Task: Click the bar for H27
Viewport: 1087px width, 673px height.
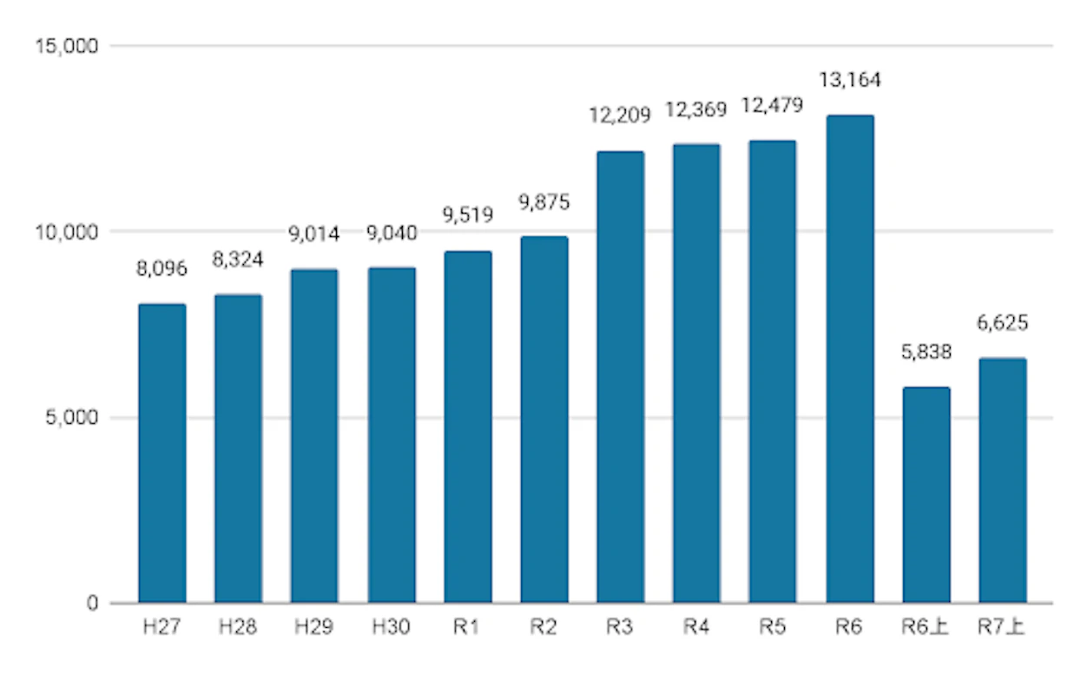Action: pyautogui.click(x=162, y=453)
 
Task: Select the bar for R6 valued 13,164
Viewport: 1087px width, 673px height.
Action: pyautogui.click(x=850, y=359)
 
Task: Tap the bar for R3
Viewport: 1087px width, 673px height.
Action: pyautogui.click(x=621, y=377)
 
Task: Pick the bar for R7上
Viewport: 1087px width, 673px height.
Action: pyautogui.click(x=1002, y=480)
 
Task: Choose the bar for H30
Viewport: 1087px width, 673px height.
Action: pyautogui.click(x=392, y=435)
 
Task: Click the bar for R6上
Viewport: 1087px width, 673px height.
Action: pyautogui.click(x=926, y=495)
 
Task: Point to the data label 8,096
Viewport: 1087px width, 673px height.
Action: pyautogui.click(x=162, y=269)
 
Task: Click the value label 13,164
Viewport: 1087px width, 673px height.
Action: pyautogui.click(x=850, y=81)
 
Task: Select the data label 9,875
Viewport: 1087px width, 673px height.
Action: pyautogui.click(x=544, y=202)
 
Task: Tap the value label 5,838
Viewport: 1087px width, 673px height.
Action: pyautogui.click(x=926, y=353)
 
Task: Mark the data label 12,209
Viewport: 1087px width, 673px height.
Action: pyautogui.click(x=621, y=115)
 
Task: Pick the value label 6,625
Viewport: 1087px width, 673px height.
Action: pyautogui.click(x=1002, y=324)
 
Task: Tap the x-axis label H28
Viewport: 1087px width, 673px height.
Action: pyautogui.click(x=239, y=627)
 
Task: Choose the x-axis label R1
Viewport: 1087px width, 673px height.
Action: pyautogui.click(x=467, y=627)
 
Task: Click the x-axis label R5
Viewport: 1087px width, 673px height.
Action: pyautogui.click(x=773, y=627)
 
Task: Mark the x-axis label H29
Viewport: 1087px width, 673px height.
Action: pyautogui.click(x=315, y=627)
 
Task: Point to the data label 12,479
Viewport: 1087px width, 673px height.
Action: pyautogui.click(x=773, y=105)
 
